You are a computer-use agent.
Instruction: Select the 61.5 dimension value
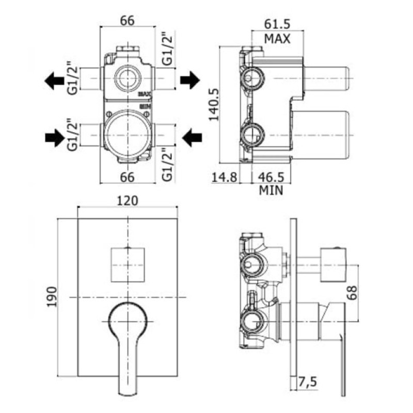click(x=277, y=24)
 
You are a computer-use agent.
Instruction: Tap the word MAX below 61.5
click(x=277, y=38)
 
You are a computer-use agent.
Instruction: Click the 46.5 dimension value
click(x=272, y=177)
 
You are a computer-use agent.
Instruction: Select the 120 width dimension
click(x=128, y=200)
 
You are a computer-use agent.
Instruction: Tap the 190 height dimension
click(x=53, y=297)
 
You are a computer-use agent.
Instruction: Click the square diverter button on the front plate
click(x=128, y=264)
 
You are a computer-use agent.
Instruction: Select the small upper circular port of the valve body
click(x=127, y=79)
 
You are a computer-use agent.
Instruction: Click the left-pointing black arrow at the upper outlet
click(x=54, y=80)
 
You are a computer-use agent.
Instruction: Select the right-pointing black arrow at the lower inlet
click(x=54, y=137)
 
